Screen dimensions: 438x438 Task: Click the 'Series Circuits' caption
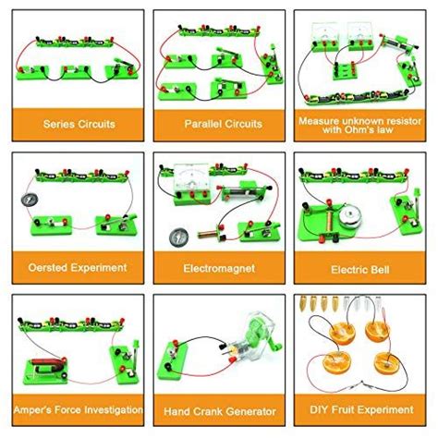coord(71,122)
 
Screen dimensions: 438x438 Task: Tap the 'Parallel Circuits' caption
coord(218,122)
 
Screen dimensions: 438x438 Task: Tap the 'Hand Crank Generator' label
coord(218,408)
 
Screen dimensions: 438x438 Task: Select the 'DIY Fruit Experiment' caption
coord(364,408)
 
